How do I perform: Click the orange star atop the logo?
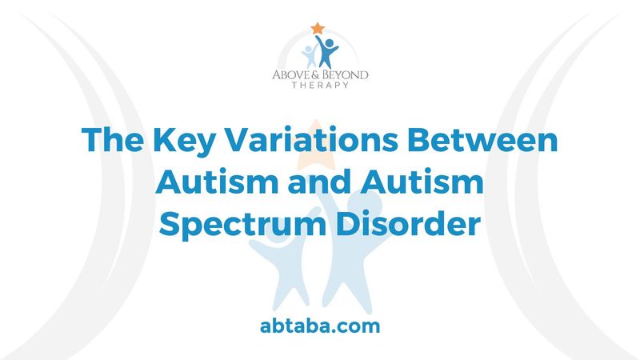(318, 28)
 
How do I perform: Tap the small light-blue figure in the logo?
(309, 54)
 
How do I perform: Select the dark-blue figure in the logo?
(327, 52)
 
